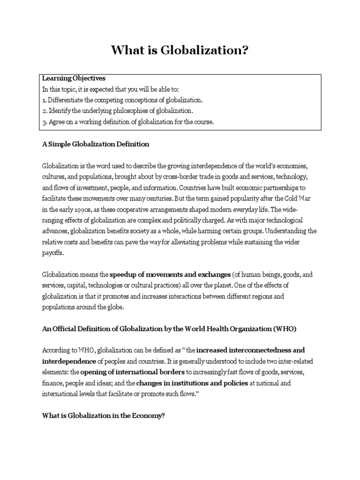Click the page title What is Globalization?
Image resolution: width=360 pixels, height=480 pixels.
pyautogui.click(x=180, y=50)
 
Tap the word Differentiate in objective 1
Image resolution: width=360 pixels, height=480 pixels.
pyautogui.click(x=67, y=100)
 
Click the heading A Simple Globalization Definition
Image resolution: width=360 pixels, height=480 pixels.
pyautogui.click(x=96, y=144)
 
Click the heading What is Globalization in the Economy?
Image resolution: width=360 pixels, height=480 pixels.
pyautogui.click(x=104, y=415)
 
